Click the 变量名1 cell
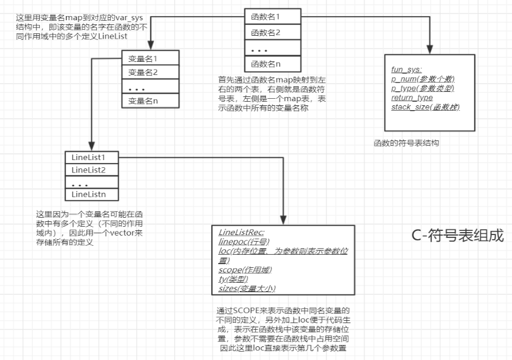[152, 58]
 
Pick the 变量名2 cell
[152, 73]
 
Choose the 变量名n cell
[152, 101]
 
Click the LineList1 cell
[92, 158]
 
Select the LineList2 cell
[92, 170]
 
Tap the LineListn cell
[92, 194]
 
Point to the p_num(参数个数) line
[423, 79]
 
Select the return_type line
[412, 97]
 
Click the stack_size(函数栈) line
[425, 107]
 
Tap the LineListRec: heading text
[241, 232]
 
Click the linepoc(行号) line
[244, 242]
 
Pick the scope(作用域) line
[245, 270]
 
